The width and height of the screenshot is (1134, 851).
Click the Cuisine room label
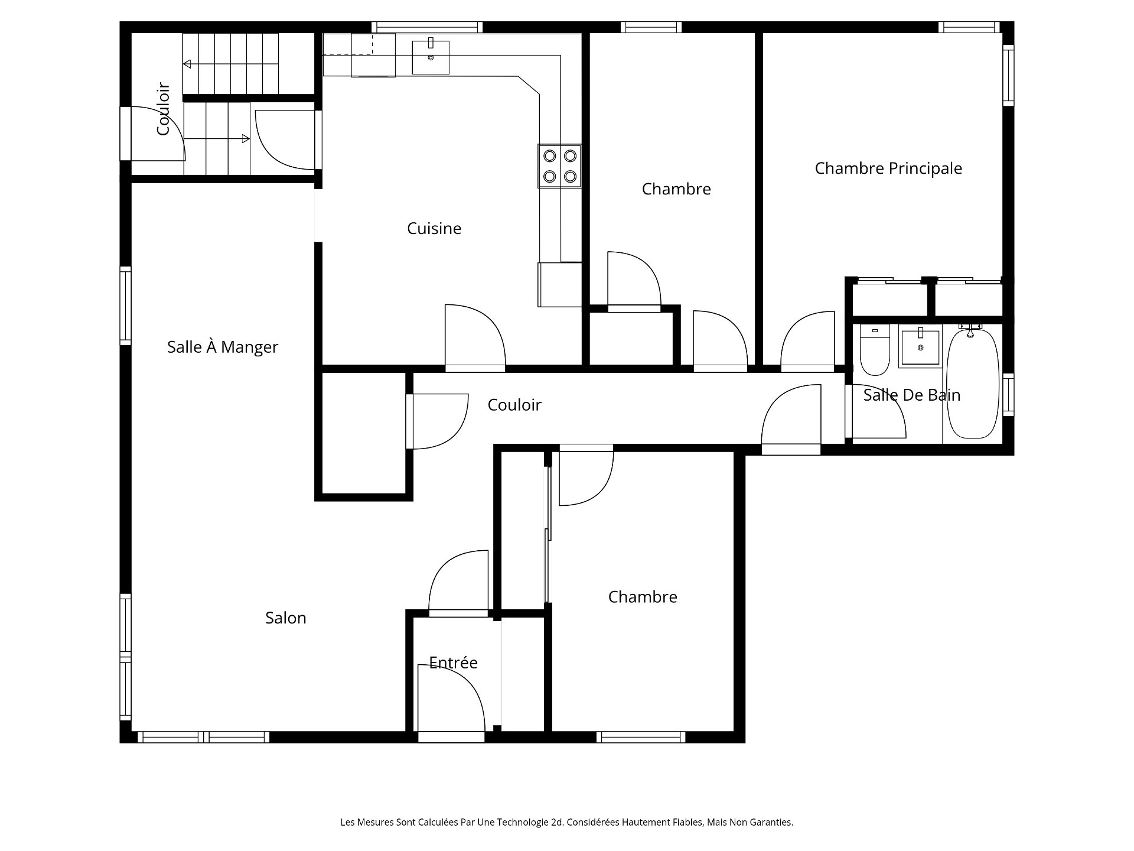point(434,228)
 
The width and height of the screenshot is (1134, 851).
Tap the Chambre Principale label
point(888,168)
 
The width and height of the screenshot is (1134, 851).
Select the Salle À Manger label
point(222,347)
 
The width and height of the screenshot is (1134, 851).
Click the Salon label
point(285,618)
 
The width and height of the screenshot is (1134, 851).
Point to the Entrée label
point(453,662)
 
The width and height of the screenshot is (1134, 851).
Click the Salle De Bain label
point(911,395)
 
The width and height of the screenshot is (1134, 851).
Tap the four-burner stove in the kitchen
point(559,166)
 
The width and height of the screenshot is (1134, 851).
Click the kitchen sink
point(431,57)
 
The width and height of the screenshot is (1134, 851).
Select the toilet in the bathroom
point(874,352)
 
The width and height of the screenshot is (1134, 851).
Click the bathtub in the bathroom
point(972,384)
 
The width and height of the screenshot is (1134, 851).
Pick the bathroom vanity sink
point(920,348)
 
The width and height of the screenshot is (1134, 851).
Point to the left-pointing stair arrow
point(188,64)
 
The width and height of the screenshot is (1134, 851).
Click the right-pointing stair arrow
point(245,139)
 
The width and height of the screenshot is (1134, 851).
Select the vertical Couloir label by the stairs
point(164,109)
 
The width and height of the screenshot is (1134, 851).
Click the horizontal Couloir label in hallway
point(514,405)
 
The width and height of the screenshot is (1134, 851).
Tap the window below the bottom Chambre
point(641,737)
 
